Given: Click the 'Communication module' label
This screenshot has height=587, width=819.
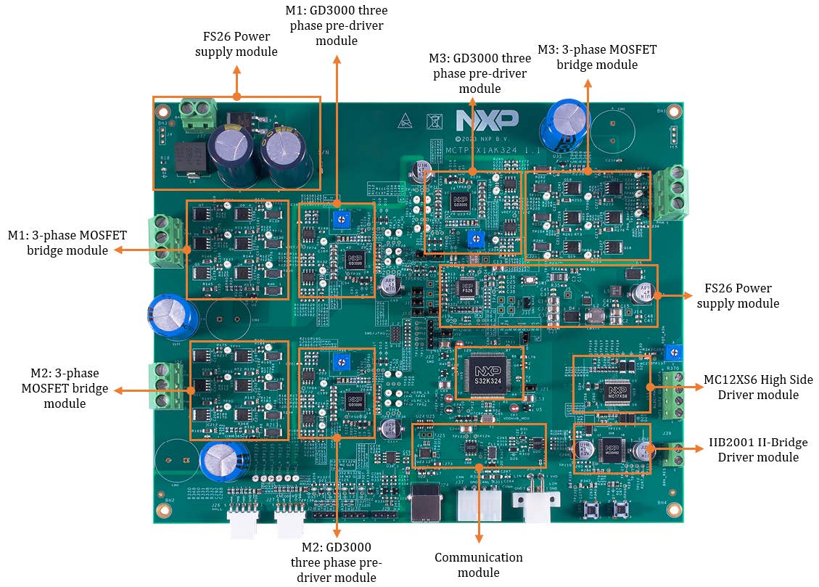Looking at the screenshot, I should coord(478,565).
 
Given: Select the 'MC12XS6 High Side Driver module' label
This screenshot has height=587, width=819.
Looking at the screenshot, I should coord(758,387).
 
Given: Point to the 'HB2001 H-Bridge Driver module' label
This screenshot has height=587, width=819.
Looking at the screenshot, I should coord(758,449).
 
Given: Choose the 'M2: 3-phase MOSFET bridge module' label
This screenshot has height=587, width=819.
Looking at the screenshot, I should coord(65,388).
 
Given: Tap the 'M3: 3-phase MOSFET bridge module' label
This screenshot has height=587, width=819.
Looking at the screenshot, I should coord(597,57).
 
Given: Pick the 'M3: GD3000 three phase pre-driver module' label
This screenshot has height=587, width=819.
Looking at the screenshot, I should coord(480,73).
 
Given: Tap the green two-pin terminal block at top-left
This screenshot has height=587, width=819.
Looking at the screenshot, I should coord(200,115).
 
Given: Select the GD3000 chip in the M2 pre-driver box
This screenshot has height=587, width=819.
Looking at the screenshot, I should coord(354,401).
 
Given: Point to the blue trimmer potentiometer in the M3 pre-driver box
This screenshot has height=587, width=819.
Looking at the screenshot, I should coord(475,237).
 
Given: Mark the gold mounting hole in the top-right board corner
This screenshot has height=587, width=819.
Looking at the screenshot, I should coord(673,112).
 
